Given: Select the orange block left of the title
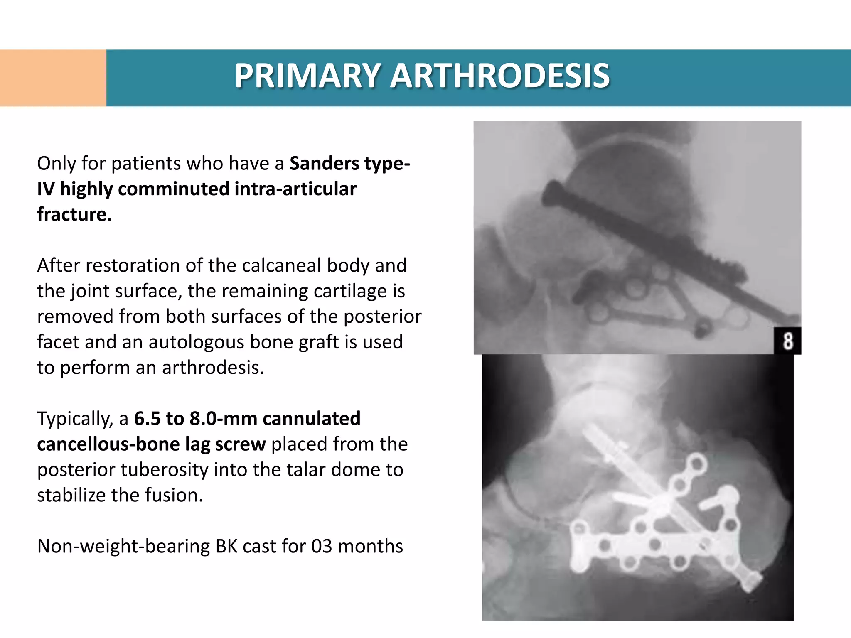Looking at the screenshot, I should (53, 78).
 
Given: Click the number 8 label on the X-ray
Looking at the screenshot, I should (787, 341).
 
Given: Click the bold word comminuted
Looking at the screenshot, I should (173, 189).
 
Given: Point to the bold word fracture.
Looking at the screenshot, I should (74, 214).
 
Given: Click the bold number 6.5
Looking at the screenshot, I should (147, 419).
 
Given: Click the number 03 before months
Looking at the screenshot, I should (322, 546).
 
